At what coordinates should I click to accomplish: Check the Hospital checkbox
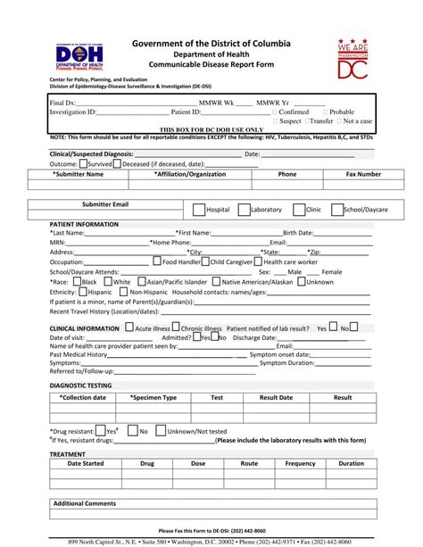(x=199, y=209)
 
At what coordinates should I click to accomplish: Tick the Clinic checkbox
(x=300, y=209)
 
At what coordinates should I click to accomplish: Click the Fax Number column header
(x=363, y=174)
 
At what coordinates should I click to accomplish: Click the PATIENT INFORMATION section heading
(x=84, y=223)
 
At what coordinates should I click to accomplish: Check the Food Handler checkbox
(x=157, y=261)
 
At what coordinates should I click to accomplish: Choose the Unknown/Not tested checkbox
(x=161, y=430)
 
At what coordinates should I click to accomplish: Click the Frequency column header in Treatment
(x=300, y=463)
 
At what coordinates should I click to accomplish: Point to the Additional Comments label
(x=85, y=503)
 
